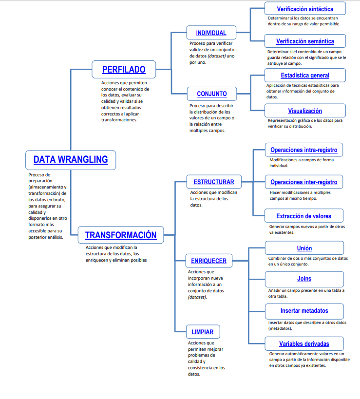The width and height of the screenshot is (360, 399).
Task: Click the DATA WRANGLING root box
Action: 71,160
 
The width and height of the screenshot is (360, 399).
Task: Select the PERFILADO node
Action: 124,70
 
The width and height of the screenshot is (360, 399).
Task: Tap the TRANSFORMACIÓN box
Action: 121,235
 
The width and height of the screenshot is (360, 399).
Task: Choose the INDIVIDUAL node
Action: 211,33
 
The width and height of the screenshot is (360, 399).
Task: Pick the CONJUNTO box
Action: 211,94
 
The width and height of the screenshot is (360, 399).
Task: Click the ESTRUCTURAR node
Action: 214,182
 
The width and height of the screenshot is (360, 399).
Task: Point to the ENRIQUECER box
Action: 208,261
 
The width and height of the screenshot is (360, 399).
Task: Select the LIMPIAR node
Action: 202,332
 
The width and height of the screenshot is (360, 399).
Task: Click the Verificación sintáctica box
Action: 305,9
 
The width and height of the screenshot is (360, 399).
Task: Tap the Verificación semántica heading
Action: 305,41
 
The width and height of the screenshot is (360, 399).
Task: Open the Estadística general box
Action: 305,75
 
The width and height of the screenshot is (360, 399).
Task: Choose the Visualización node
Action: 305,111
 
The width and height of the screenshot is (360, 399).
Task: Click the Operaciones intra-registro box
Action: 304,150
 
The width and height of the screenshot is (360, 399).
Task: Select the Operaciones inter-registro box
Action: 304,182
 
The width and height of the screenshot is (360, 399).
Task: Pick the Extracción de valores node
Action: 304,216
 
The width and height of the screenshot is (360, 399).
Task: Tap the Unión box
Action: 304,248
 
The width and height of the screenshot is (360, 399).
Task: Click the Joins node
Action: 304,279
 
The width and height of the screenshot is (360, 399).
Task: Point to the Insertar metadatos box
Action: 304,310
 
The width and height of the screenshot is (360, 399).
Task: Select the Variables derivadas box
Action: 304,343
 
